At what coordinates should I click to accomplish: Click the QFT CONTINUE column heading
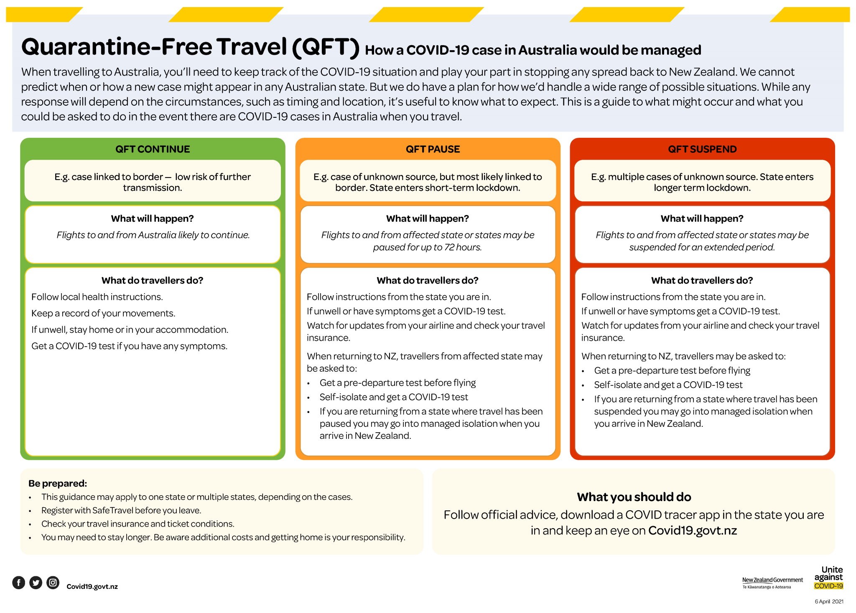click(153, 149)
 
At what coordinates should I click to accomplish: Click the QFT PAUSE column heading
click(433, 149)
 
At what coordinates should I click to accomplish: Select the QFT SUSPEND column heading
click(702, 149)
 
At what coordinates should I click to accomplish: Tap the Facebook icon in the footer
click(18, 583)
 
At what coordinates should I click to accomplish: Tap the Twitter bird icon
click(36, 583)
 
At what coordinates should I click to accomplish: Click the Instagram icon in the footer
click(53, 583)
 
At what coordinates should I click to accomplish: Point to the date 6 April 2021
click(829, 602)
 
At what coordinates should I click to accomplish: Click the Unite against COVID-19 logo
click(828, 578)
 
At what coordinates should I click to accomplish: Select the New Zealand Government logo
click(772, 582)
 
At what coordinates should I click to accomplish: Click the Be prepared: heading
click(58, 484)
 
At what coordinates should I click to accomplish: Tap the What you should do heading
click(634, 497)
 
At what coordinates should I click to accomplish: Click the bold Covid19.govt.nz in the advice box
click(692, 531)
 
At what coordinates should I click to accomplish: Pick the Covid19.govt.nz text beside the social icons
click(92, 587)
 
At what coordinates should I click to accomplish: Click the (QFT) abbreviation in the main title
click(326, 47)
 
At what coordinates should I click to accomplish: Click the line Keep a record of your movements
click(103, 313)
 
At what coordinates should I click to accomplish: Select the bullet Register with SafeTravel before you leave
click(121, 510)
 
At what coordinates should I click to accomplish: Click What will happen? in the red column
click(702, 218)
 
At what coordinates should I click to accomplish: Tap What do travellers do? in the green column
click(152, 280)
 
